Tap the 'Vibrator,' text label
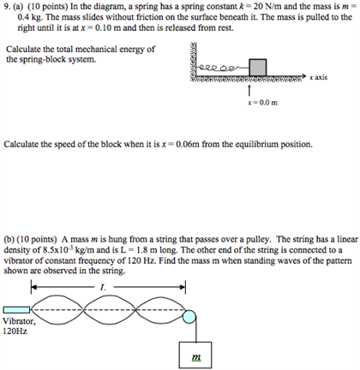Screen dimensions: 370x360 (x=20, y=320)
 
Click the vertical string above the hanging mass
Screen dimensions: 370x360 (x=199, y=330)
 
